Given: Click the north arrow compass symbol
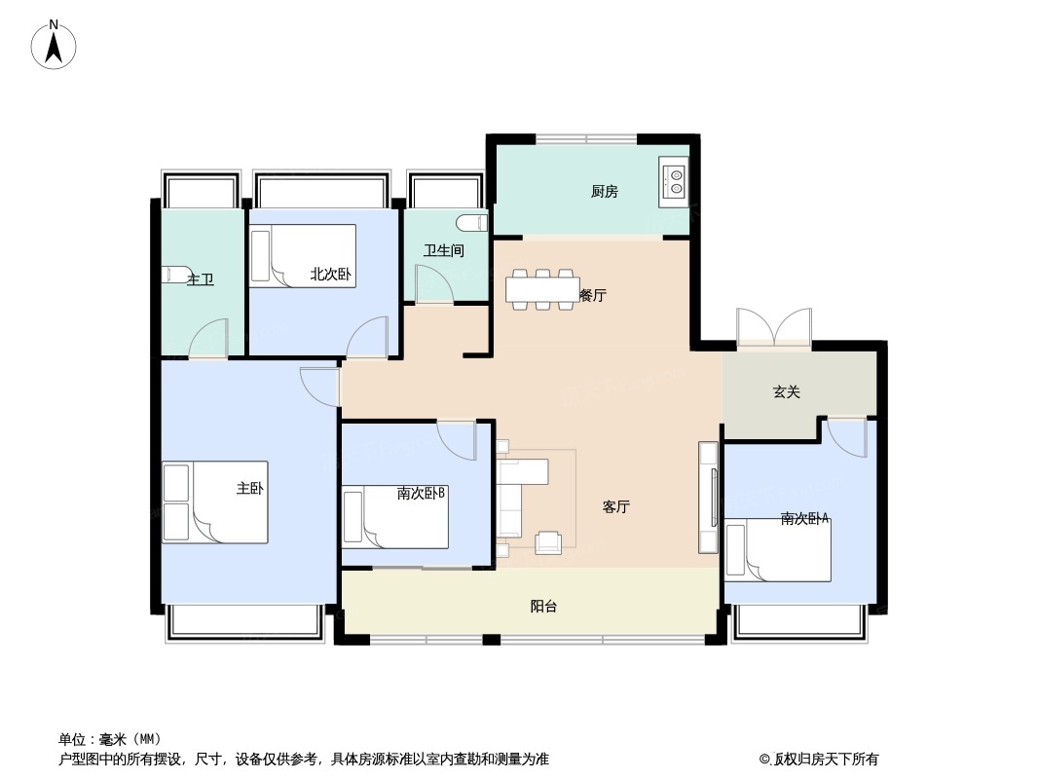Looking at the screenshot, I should (x=54, y=45).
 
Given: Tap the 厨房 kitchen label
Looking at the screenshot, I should (x=604, y=192).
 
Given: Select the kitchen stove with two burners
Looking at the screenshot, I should (x=674, y=181).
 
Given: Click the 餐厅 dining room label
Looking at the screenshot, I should (x=592, y=295).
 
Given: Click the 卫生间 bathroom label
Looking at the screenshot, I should (x=443, y=250).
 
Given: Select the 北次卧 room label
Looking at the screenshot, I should (x=330, y=275).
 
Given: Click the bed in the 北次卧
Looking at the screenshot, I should (x=303, y=255).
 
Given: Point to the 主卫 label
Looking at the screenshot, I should (x=201, y=279).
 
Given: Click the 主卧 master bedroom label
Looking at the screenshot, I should (x=249, y=488).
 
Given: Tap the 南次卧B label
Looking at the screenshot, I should (x=421, y=494).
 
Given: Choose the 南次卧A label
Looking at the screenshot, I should (x=804, y=519).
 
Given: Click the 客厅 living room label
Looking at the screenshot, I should (x=615, y=506).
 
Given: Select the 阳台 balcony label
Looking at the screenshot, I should (x=543, y=607).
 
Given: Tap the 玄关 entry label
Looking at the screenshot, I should (x=787, y=391).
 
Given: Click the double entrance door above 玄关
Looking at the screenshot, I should (x=774, y=327).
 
